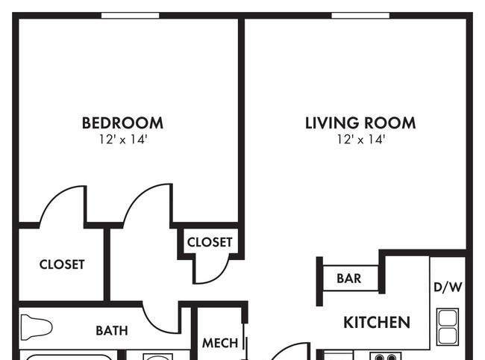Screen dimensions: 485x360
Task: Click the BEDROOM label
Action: point(122,123)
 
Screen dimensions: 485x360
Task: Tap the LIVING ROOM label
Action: point(360,123)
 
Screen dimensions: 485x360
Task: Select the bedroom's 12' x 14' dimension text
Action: point(123,140)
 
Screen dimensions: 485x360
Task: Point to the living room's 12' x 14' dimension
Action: point(360,140)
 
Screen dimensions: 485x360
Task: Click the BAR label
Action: point(349,279)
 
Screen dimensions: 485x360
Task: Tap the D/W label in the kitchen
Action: point(448,287)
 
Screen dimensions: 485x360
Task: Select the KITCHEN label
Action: point(377,322)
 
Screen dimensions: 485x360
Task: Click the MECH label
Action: point(220,343)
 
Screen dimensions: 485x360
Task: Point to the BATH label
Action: point(112,331)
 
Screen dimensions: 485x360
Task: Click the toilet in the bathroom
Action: point(37,327)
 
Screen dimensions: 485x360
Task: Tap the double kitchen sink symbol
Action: point(447,327)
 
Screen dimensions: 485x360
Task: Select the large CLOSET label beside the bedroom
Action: point(62,264)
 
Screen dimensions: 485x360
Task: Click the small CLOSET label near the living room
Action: point(210,242)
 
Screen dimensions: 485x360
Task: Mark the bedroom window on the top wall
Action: point(131,16)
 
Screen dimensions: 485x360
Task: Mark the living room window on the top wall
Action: point(360,16)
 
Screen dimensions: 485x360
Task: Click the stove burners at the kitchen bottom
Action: point(386,356)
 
